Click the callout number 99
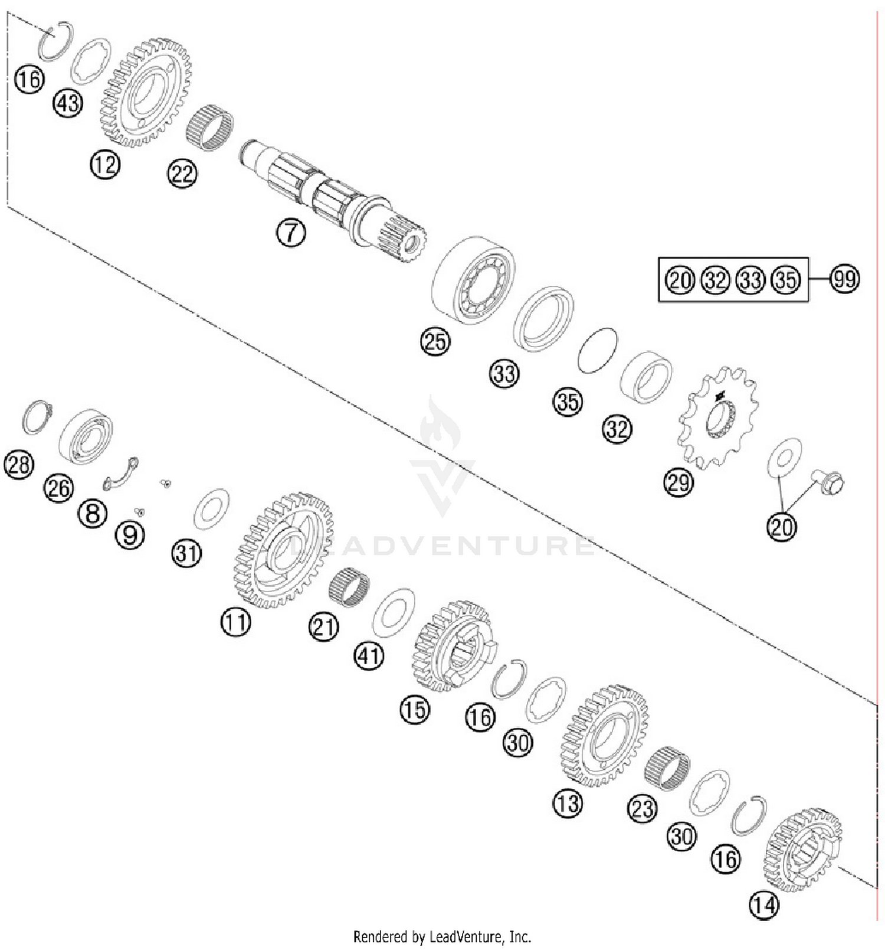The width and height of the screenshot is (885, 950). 844,279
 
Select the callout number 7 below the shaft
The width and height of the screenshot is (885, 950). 291,232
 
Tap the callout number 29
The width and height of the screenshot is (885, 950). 678,482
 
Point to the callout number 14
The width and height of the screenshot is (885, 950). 764,904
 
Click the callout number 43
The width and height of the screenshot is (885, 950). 68,103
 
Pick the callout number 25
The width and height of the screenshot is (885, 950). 435,341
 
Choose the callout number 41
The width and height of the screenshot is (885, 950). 369,655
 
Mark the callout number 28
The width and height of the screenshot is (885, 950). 19,464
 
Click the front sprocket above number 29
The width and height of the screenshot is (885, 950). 718,416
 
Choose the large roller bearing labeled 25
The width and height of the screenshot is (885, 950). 474,279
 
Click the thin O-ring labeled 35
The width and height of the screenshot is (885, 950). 597,351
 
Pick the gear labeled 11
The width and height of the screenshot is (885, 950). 283,549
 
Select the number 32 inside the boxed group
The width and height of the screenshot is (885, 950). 715,279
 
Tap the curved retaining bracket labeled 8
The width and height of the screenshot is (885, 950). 120,474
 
